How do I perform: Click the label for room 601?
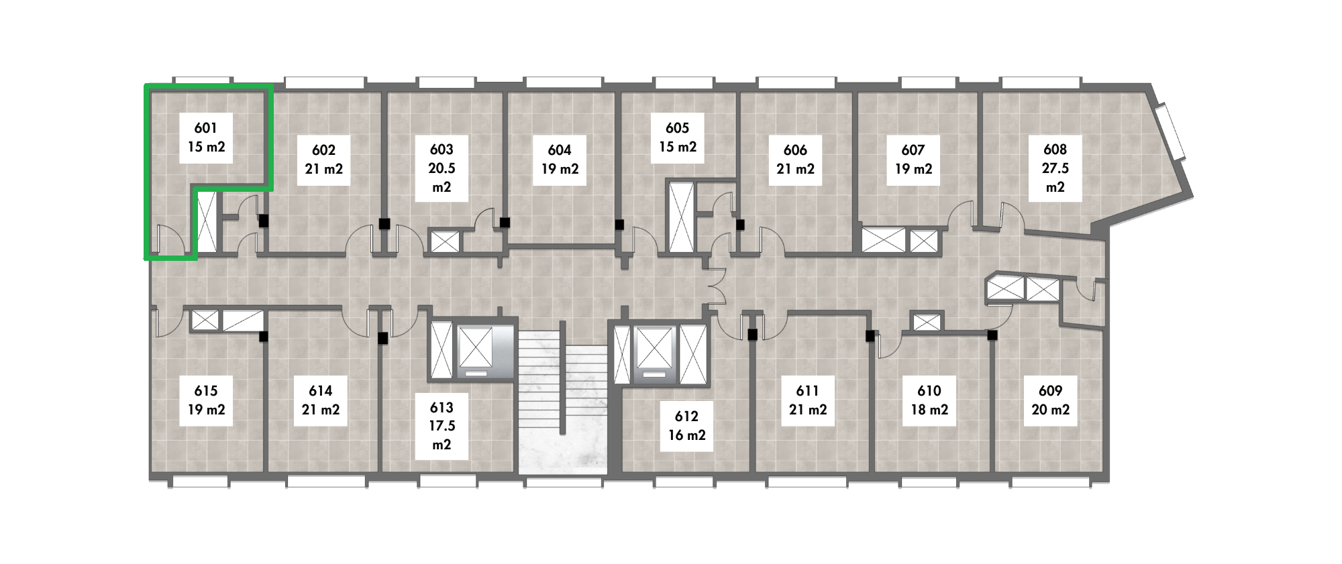tap(206, 137)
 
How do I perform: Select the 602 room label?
tap(324, 160)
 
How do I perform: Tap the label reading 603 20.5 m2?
tap(442, 168)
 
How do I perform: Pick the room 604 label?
tap(560, 160)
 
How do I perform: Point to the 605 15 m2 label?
tap(678, 137)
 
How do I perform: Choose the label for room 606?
tap(795, 160)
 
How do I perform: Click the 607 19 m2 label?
tap(913, 160)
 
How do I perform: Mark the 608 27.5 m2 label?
tap(1055, 168)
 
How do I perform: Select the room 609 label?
tap(1050, 400)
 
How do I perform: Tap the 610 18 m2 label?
tap(929, 400)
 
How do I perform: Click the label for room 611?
tap(808, 400)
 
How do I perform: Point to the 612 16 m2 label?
tap(687, 426)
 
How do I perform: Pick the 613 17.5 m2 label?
tap(442, 426)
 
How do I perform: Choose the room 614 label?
tap(321, 400)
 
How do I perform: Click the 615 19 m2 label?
tap(206, 400)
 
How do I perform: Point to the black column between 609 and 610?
tap(992, 335)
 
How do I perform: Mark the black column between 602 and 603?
tap(384, 223)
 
